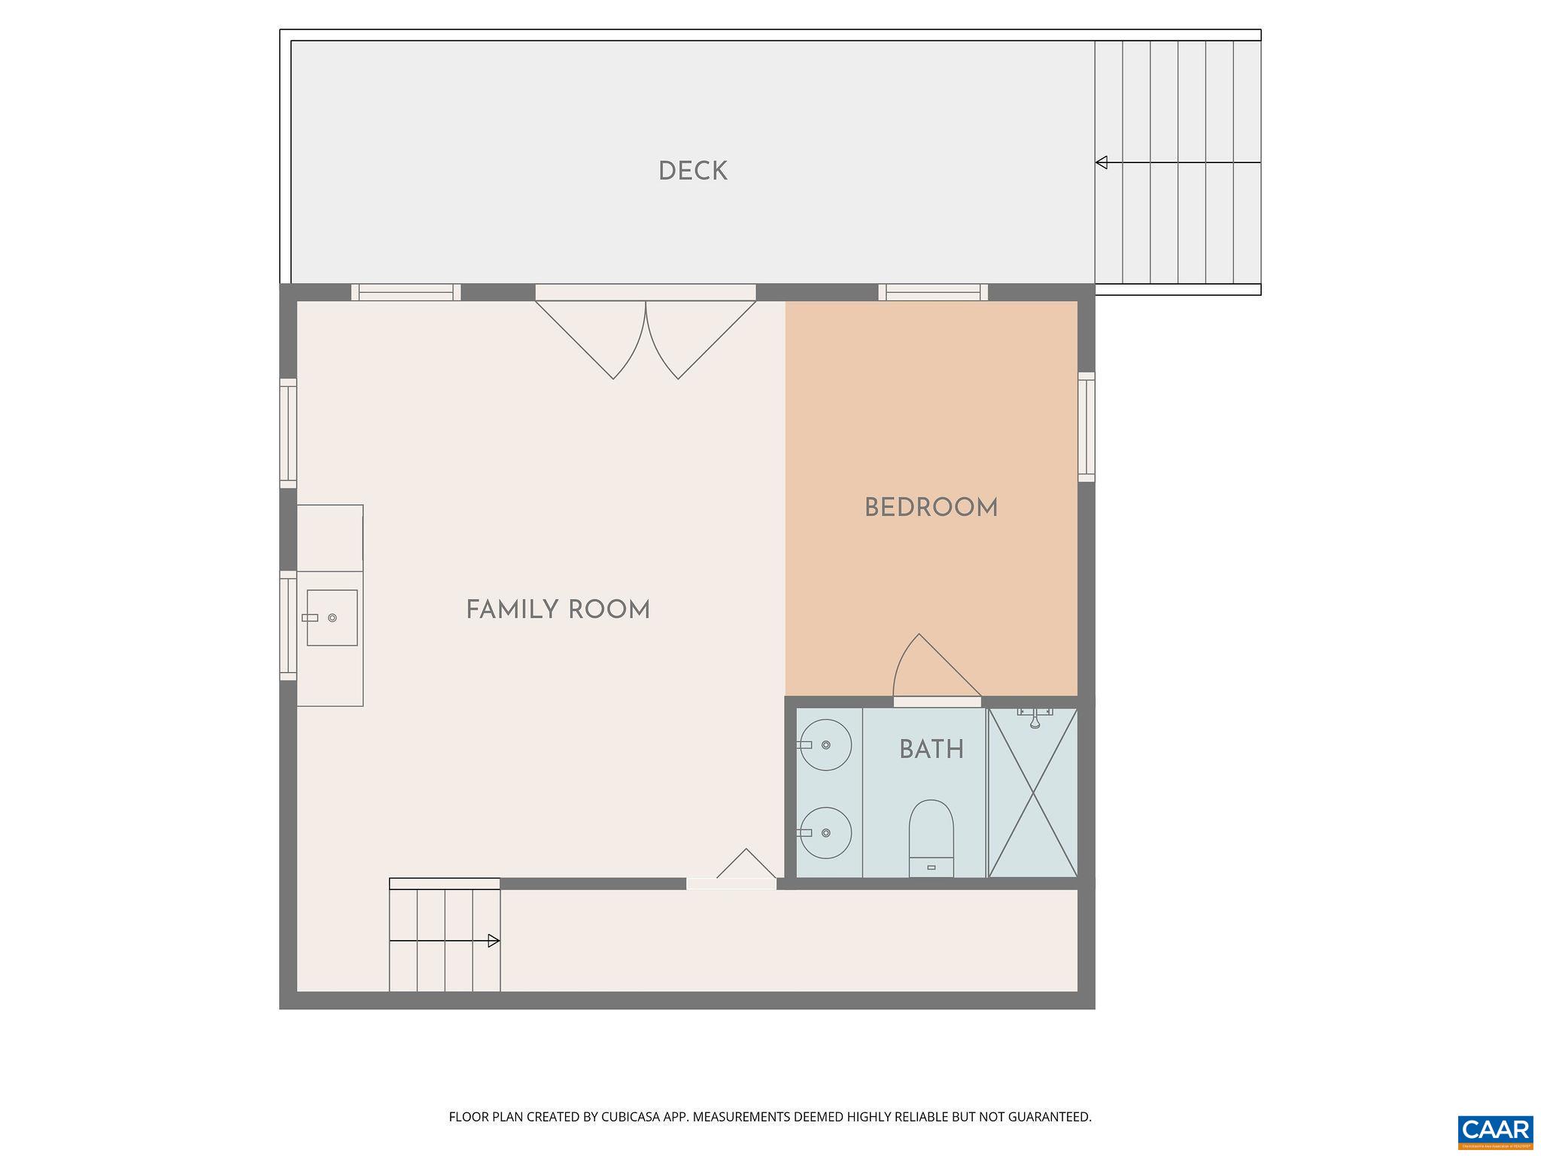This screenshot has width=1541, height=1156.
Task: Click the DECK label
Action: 692,172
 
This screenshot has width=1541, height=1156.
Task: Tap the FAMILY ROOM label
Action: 558,610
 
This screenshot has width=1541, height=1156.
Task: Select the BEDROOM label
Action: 931,508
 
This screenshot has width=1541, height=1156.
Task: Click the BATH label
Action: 931,750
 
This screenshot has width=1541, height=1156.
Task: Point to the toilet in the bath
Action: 931,837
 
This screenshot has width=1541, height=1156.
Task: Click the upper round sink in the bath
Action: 825,744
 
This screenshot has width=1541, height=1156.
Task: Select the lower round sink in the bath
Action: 825,832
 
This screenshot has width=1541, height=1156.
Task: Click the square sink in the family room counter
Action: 332,617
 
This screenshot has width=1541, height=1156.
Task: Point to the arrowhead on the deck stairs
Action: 1102,163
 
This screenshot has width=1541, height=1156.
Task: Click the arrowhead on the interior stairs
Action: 494,941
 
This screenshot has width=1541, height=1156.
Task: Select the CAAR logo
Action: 1495,1131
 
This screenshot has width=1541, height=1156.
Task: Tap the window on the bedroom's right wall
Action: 1086,426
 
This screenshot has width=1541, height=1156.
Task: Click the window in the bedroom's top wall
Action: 932,292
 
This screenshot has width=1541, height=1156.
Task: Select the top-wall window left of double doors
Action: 406,292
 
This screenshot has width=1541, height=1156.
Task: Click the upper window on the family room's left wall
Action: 288,433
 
